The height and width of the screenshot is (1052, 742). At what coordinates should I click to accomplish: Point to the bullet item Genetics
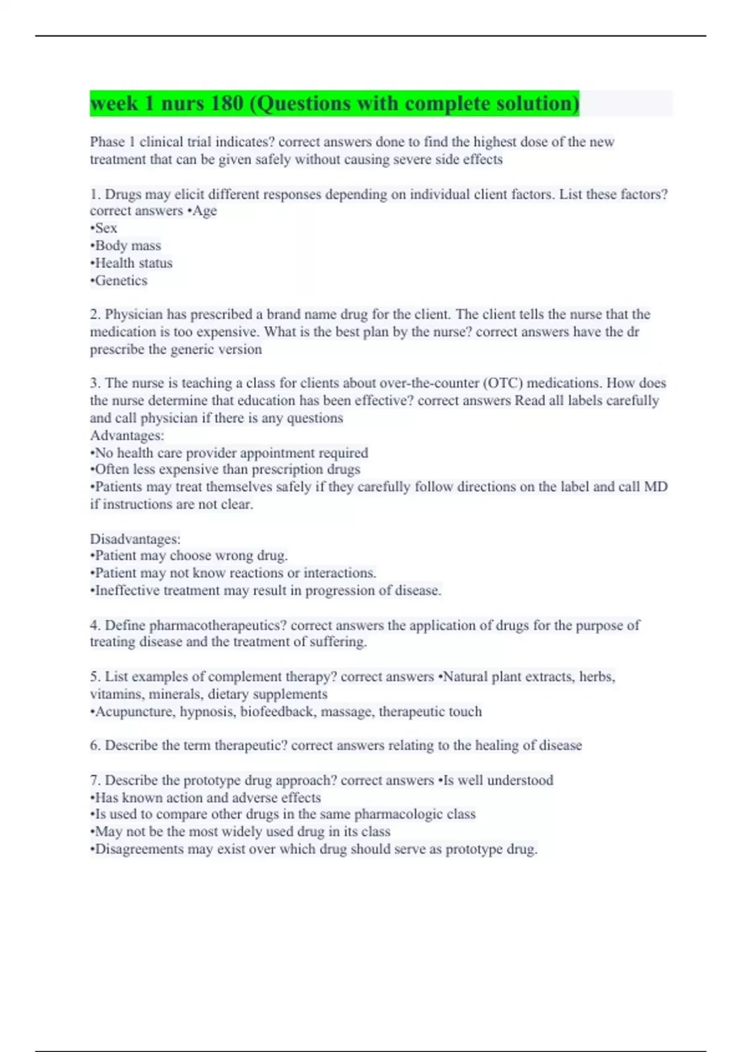(x=119, y=281)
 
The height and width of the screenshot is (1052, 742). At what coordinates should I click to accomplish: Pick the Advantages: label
(x=127, y=436)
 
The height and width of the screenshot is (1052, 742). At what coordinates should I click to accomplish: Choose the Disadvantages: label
(x=135, y=539)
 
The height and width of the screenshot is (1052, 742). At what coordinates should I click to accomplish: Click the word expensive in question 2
(x=226, y=332)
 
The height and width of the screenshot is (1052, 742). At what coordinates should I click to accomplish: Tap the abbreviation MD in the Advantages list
(x=655, y=487)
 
